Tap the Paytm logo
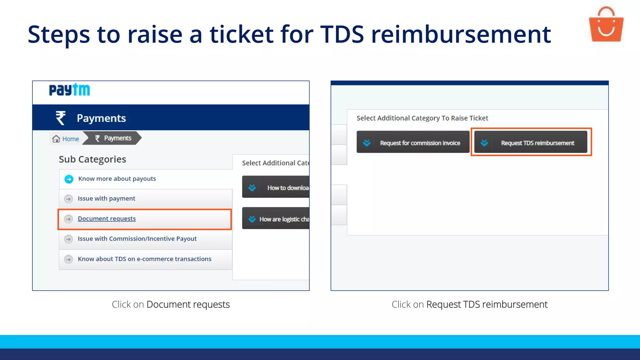pos(69,90)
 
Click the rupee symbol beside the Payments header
pos(61,118)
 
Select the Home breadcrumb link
pos(70,139)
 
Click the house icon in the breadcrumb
pos(56,139)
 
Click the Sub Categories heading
pos(92,159)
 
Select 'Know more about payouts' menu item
pos(117,179)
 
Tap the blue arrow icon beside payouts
pos(69,179)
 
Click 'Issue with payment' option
pos(106,198)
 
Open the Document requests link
pos(107,219)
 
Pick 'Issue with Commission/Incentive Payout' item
pos(137,239)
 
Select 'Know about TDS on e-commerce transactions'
pos(144,259)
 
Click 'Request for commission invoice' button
pos(413,143)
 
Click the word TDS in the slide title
pos(342,34)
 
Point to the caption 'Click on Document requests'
pos(171,304)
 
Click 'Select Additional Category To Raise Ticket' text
pos(422,118)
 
